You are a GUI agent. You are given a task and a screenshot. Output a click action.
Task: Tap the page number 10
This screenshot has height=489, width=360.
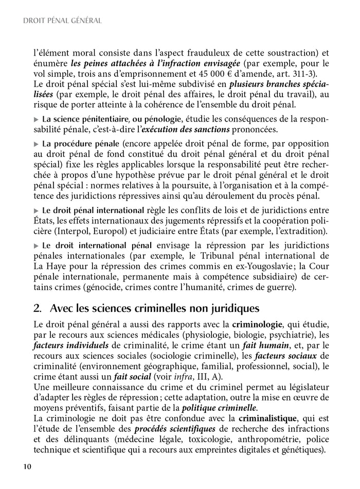[28, 466]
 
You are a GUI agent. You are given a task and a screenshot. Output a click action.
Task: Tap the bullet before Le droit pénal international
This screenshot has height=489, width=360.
[35, 210]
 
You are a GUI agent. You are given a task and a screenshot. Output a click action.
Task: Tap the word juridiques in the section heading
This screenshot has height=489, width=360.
[230, 309]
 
